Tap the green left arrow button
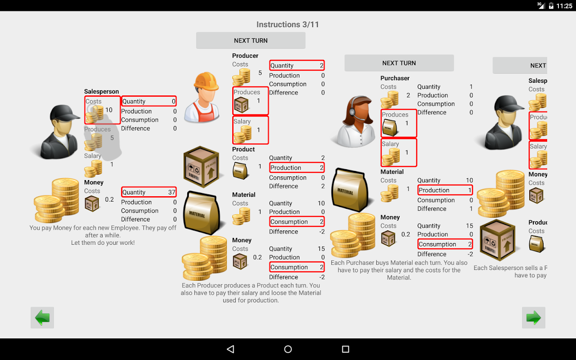(42, 318)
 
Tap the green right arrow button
(534, 318)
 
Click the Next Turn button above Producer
(251, 40)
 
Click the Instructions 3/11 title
(288, 25)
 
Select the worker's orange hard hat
(206, 81)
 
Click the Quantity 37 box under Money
(148, 192)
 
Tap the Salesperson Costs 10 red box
(103, 110)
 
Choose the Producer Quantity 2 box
(297, 65)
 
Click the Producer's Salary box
(251, 130)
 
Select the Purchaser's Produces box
(399, 123)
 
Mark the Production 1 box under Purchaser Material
(445, 190)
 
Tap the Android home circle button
(288, 349)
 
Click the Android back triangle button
(230, 349)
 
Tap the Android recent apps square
(346, 349)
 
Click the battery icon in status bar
(551, 6)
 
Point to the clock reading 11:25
(564, 6)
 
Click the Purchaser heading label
(395, 78)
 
